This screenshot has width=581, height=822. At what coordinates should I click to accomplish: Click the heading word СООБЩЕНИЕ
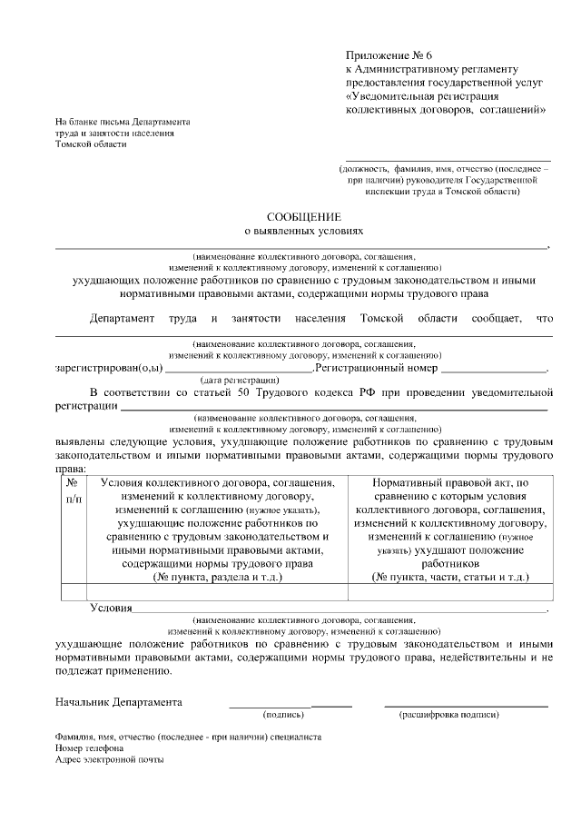(303, 217)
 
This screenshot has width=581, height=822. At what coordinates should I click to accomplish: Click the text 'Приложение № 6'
(385, 55)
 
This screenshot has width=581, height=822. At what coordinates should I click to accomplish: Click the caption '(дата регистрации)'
(238, 379)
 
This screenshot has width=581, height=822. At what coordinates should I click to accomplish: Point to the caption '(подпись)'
(282, 715)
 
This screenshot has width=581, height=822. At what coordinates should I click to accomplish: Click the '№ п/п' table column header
(73, 491)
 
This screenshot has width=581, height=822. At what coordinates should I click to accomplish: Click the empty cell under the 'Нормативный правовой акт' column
(450, 591)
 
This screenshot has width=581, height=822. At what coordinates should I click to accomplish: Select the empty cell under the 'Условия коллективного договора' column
(217, 591)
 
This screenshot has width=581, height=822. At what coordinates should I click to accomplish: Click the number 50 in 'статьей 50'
(237, 392)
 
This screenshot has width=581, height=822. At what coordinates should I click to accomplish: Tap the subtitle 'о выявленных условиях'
(303, 232)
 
